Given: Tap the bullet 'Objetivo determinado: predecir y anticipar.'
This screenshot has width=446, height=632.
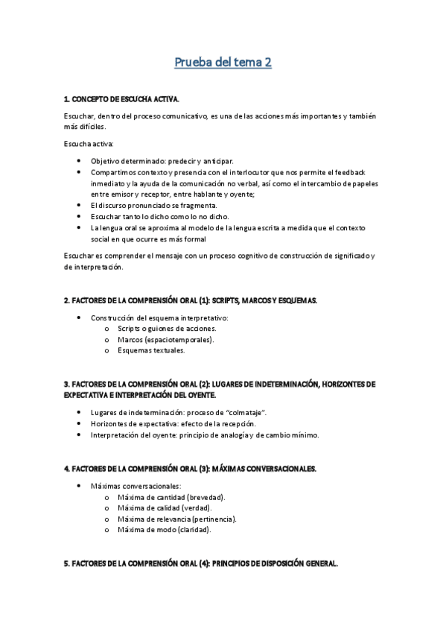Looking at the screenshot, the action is pos(162,161).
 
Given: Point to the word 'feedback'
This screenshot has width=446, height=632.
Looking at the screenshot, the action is pos(359,172).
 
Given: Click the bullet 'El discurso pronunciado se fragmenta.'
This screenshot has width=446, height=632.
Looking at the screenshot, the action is pos(154,205).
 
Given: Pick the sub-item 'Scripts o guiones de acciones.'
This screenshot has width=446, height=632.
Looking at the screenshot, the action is pos(167,329).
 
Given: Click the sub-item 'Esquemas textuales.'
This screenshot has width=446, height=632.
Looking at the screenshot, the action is pos(151,350).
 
